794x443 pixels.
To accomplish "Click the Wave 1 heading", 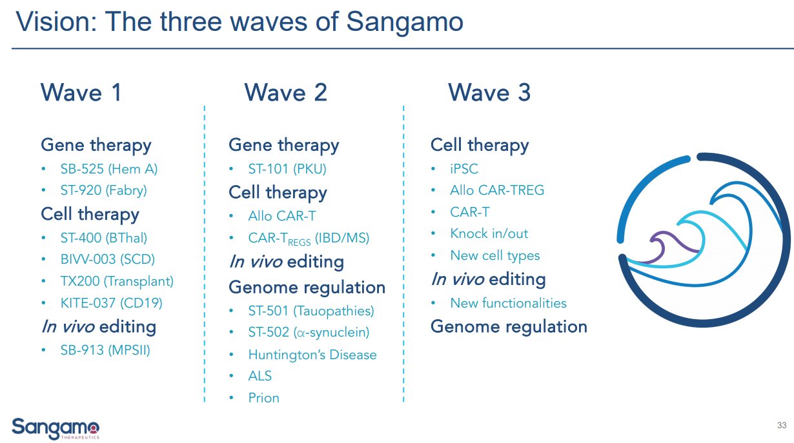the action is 81,93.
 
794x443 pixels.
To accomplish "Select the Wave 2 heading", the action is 285,93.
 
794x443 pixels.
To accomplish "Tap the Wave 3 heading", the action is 489,93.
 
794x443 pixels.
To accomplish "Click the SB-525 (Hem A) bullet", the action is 108,169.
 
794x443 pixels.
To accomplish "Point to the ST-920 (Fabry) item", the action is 103,190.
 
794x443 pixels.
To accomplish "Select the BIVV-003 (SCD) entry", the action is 107,259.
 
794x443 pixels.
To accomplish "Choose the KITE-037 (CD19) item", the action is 111,302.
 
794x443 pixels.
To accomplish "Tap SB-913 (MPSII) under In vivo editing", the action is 105,351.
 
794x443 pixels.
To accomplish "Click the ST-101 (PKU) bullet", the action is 287,169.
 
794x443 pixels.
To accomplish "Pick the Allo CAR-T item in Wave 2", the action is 282,217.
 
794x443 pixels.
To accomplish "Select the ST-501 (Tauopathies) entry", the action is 311,311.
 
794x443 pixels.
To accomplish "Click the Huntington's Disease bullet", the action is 312,355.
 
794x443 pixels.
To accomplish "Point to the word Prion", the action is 264,398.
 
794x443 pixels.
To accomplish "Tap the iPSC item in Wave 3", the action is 464,169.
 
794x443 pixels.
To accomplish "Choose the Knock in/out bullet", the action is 489,233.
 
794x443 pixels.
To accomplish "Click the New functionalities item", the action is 508,303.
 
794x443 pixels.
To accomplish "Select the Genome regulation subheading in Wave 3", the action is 509,327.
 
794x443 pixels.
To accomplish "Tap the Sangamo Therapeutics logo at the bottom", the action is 56,428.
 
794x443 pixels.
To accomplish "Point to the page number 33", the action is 782,426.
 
